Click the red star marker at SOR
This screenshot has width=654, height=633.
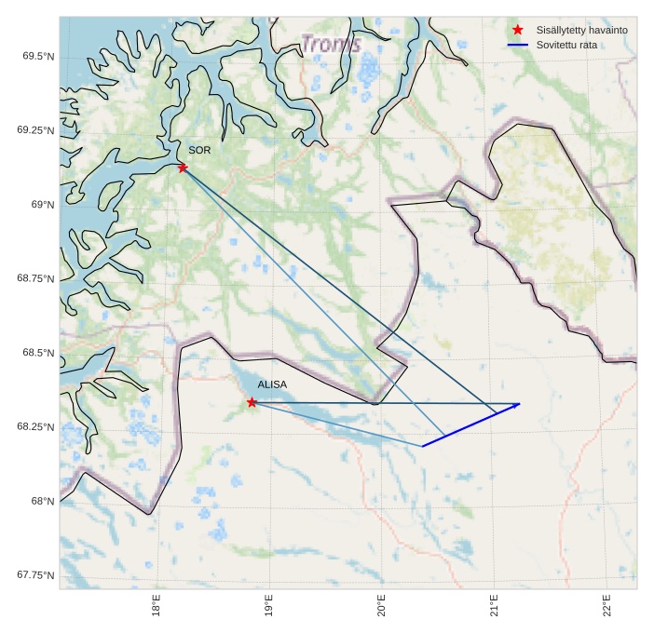[183, 167]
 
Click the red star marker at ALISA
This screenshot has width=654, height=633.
[252, 402]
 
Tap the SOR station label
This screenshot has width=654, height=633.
[199, 150]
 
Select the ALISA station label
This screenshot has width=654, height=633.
[272, 384]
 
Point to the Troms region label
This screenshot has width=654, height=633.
[331, 44]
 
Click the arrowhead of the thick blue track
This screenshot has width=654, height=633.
[517, 404]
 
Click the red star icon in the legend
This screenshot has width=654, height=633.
[518, 30]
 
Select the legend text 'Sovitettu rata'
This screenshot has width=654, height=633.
[566, 45]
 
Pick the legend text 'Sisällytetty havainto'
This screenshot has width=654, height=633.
[581, 30]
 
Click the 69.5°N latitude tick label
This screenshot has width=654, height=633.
[38, 56]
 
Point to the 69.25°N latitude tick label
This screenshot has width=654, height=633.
[35, 130]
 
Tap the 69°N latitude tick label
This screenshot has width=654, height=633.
[42, 204]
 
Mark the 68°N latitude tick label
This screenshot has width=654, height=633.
[42, 501]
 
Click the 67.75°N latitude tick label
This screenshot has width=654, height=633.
[35, 575]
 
